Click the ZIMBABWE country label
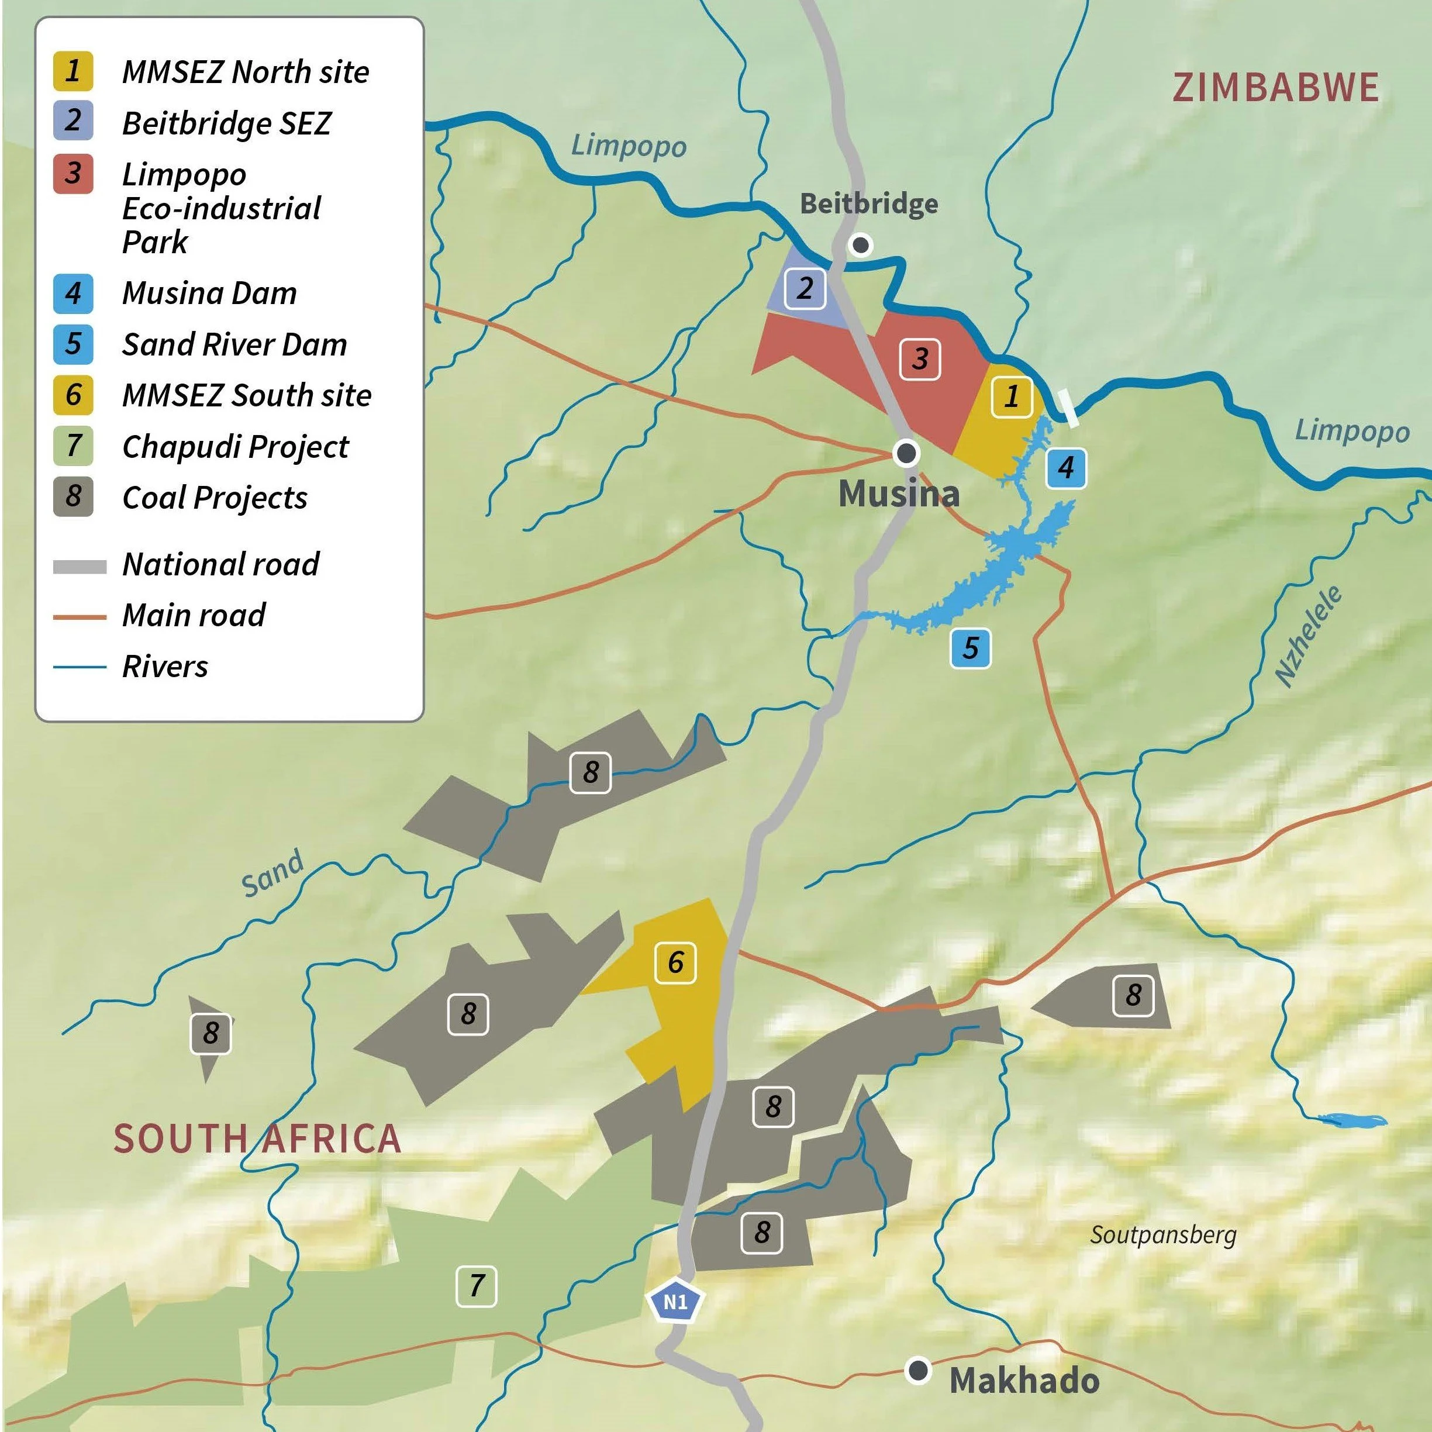[1275, 88]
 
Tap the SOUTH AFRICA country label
[257, 1138]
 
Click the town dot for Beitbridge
[861, 244]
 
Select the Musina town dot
[906, 452]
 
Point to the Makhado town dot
[919, 1371]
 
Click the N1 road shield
[675, 1302]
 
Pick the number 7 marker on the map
[476, 1286]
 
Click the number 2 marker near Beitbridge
[805, 288]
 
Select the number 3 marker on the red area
[920, 360]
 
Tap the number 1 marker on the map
[1012, 396]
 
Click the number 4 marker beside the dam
[1067, 468]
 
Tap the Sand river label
[272, 872]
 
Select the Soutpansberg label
[1163, 1235]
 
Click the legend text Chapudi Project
[235, 446]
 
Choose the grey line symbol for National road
[80, 567]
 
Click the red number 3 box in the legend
[73, 174]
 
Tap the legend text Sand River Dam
[234, 344]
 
